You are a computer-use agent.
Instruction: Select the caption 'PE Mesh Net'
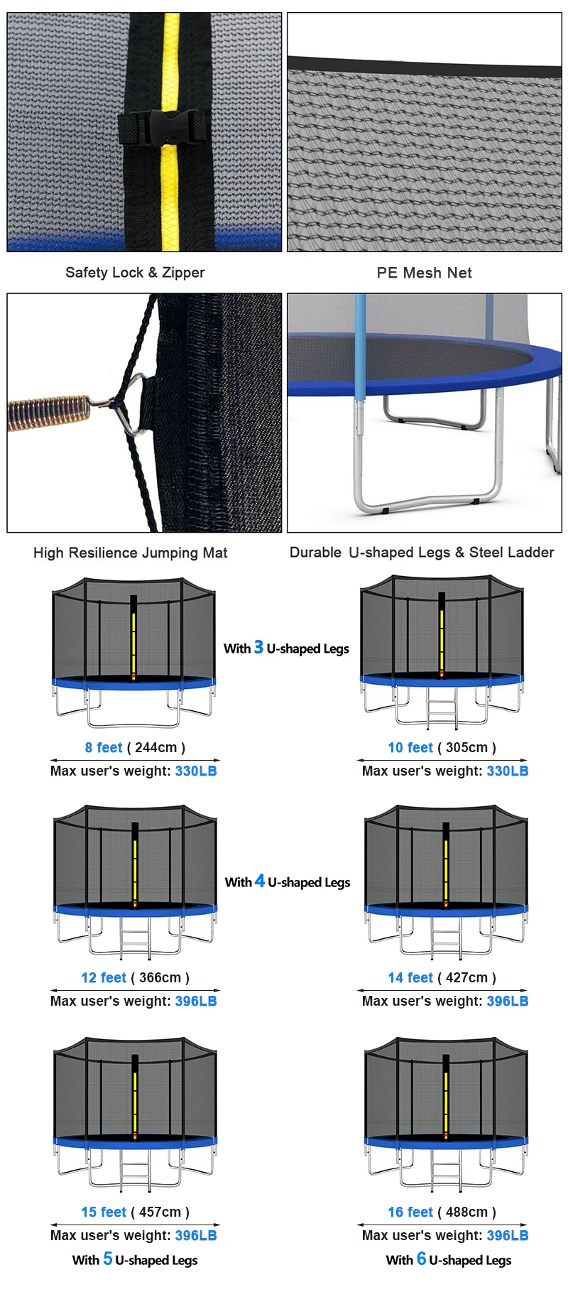point(424,273)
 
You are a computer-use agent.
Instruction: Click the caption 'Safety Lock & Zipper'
point(135,273)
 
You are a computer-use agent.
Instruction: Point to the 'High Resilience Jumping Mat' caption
point(131,553)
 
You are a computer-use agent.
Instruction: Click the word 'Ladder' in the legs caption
point(531,553)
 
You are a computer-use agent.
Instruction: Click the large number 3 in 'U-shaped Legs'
point(258,647)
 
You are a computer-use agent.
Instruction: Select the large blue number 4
point(260,881)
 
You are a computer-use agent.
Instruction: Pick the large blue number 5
point(107,1259)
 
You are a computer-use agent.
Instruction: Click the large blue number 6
point(421,1259)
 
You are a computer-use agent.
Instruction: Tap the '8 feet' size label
point(104,747)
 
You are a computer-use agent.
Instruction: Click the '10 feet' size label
point(410,747)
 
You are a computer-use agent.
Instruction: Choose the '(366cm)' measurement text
point(160,977)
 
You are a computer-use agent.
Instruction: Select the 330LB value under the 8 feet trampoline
point(196,771)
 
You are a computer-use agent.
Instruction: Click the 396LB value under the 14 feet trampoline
point(508,1001)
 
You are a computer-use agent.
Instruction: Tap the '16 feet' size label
point(410,1212)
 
